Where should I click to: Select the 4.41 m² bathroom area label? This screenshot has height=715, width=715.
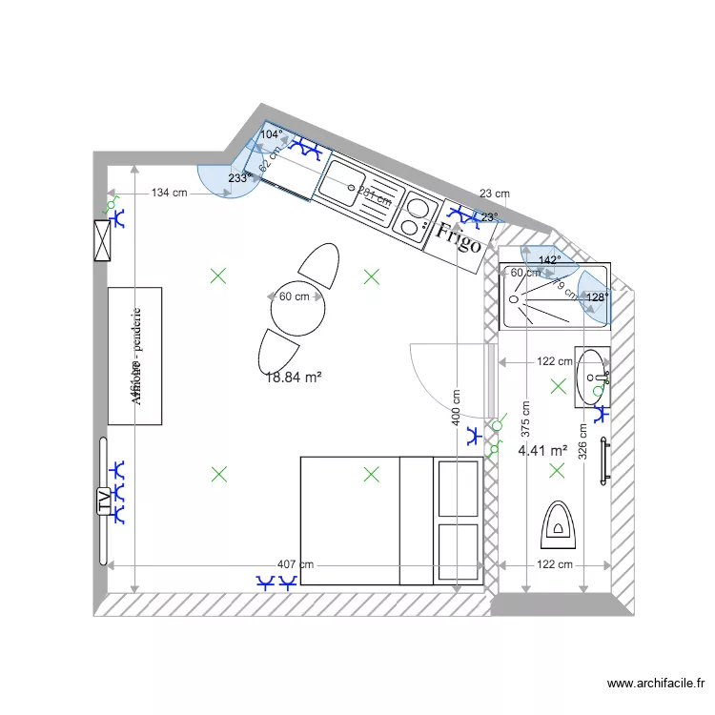[x=542, y=450]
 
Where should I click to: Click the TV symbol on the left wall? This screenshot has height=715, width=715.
[x=103, y=500]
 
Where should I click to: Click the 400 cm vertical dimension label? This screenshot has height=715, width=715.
[x=459, y=411]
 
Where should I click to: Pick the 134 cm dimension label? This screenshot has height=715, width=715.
[x=170, y=194]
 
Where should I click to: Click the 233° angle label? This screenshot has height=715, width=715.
[x=239, y=178]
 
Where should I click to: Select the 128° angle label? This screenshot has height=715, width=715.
[x=597, y=297]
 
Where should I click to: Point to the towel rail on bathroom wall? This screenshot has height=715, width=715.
[x=603, y=461]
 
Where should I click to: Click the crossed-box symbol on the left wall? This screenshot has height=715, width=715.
[x=103, y=240]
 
